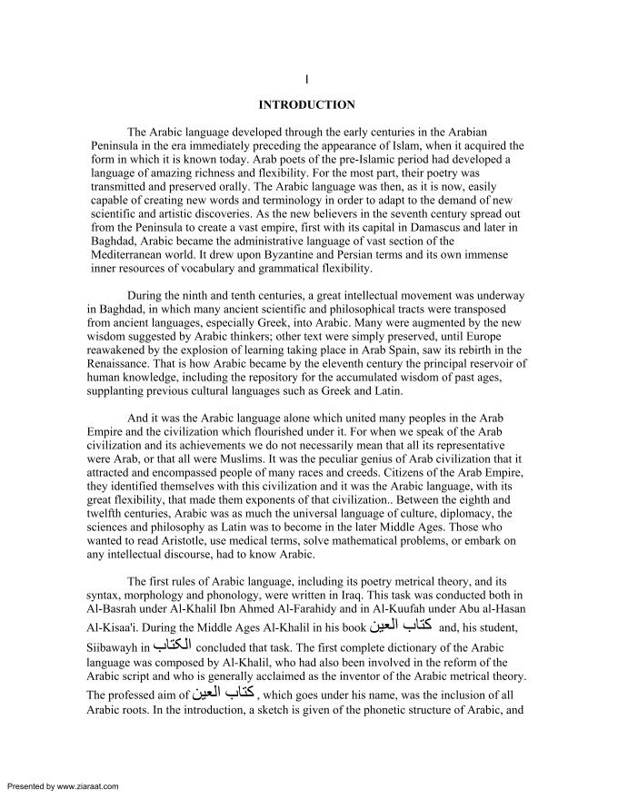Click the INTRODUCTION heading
click(x=307, y=104)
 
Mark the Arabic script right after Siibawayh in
click(x=172, y=646)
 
